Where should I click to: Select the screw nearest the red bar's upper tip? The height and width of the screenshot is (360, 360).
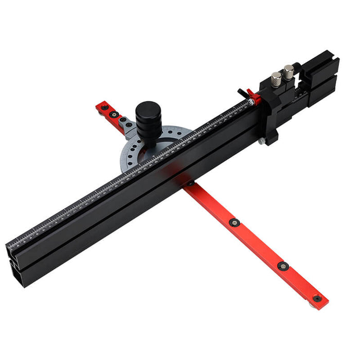tap(105, 107)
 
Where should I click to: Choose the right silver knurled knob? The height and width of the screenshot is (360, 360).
tap(289, 70)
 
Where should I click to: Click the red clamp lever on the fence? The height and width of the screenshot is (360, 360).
tap(251, 96)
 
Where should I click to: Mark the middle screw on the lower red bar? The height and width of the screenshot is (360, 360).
tap(235, 222)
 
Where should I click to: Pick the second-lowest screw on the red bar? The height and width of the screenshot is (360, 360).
tap(282, 265)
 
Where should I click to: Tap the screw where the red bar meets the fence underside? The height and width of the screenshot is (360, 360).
tap(191, 183)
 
